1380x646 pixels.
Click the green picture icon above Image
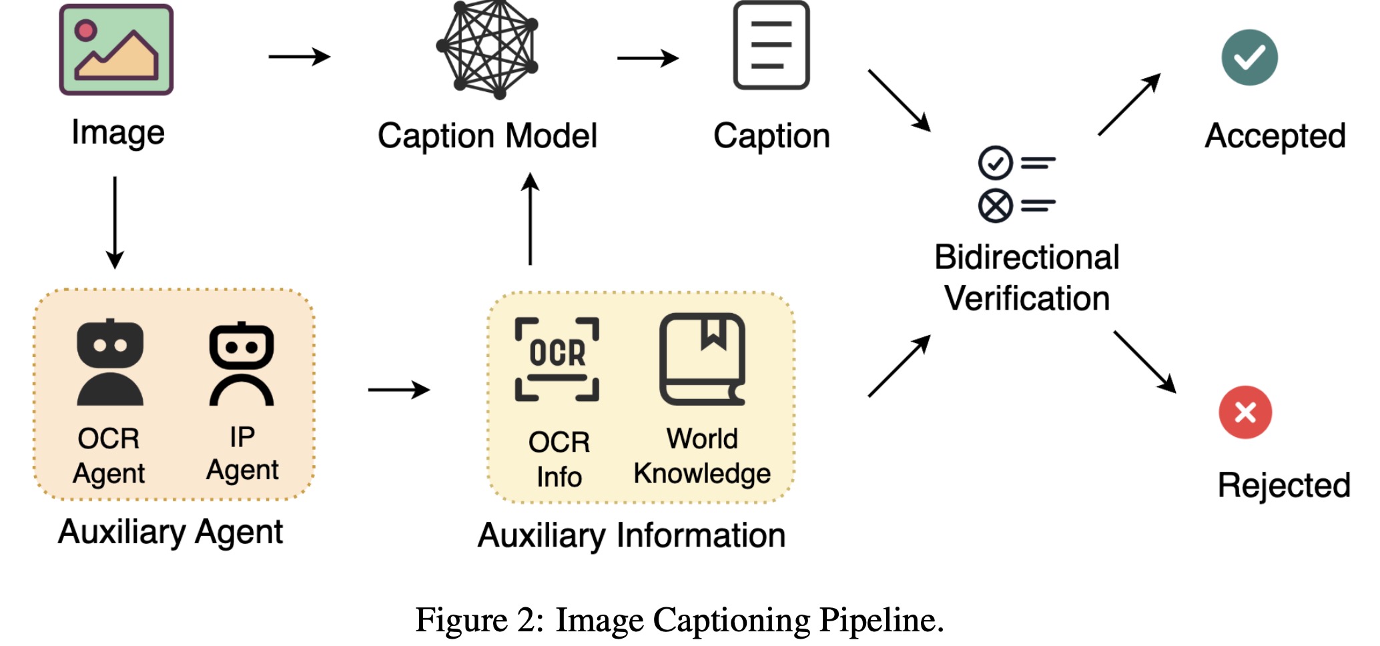tap(116, 50)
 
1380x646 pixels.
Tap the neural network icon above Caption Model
tap(487, 48)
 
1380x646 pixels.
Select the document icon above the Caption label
tap(771, 45)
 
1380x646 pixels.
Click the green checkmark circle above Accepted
tap(1249, 57)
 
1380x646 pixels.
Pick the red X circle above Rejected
tap(1245, 412)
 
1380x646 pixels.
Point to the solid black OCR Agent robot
tap(109, 363)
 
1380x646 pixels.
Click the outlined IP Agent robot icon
tap(242, 364)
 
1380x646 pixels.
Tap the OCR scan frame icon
tap(557, 359)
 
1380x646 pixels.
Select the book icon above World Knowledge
tap(702, 359)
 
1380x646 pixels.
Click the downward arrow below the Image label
tap(115, 222)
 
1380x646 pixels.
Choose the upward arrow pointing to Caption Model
tap(530, 219)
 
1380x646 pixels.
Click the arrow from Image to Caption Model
tap(299, 57)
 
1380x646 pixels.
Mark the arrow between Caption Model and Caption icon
tap(647, 58)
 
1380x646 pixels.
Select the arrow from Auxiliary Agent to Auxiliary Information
tap(398, 389)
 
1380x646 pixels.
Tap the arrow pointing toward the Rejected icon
tap(1144, 362)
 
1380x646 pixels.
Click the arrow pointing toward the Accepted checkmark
tap(1129, 105)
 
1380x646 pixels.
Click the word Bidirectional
tap(1026, 258)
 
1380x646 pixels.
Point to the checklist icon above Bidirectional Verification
tap(1016, 184)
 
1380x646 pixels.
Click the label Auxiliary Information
tap(631, 535)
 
